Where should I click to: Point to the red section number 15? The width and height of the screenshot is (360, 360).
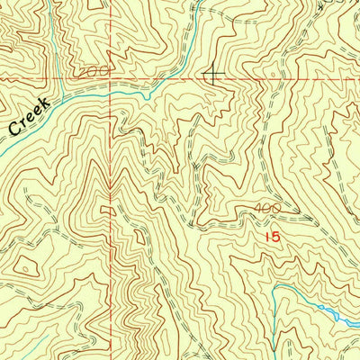[x=274, y=236]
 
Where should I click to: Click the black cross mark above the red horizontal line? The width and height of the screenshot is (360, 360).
[x=214, y=73]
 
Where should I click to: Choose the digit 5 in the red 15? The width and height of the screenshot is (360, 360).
[x=277, y=236]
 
